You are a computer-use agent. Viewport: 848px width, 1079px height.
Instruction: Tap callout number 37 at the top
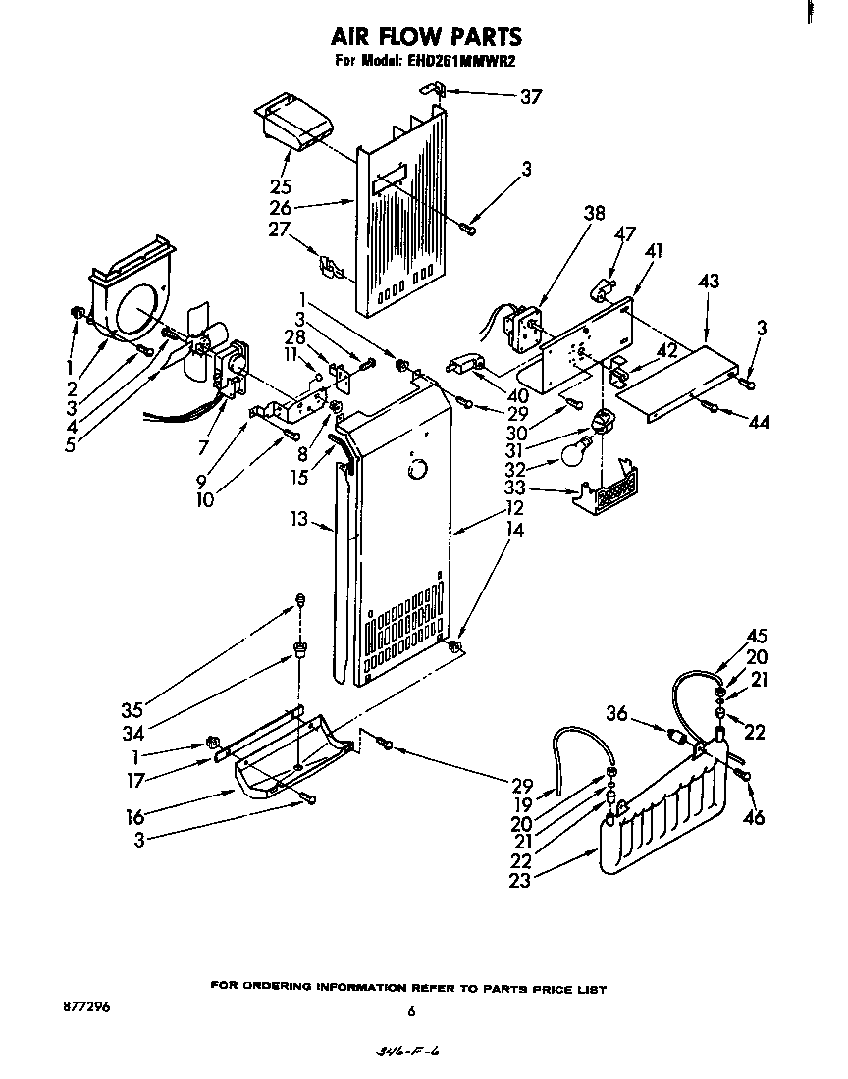click(530, 96)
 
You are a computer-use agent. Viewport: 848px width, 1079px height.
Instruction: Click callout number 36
click(615, 715)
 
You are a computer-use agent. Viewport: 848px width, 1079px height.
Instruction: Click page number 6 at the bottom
click(412, 1011)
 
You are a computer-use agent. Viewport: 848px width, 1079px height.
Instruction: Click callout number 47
click(626, 233)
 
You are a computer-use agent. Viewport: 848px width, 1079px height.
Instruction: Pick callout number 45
click(757, 635)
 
